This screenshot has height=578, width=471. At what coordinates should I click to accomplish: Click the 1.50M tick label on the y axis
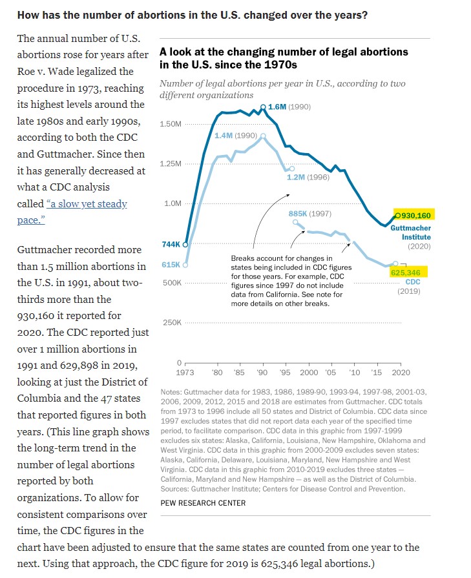point(171,124)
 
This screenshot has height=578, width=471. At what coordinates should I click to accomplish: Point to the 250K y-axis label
point(173,322)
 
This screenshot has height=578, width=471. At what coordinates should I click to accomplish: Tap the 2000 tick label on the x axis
point(309,372)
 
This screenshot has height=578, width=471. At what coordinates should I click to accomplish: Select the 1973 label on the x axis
point(185,372)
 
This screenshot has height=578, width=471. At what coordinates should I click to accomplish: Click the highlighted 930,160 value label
point(415,216)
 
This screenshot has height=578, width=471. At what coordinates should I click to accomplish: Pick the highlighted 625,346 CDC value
point(405,273)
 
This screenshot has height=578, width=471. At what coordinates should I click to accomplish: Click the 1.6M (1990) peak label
point(289,107)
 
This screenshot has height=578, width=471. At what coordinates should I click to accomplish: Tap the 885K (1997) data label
point(310,214)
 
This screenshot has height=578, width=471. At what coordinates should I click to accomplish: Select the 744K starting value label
point(171,244)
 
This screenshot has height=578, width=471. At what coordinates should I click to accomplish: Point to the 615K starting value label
point(171,265)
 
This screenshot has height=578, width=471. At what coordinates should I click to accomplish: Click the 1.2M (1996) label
point(308,178)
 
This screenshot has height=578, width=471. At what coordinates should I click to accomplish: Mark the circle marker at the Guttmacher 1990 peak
point(263,107)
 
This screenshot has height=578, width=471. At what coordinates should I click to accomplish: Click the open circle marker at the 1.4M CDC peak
point(263,136)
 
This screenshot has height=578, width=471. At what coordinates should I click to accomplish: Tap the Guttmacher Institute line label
point(410,232)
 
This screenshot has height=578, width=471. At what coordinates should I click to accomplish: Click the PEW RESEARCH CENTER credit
point(203,503)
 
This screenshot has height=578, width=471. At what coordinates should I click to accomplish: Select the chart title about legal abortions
point(284,58)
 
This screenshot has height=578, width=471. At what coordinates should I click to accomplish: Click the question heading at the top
point(193,15)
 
